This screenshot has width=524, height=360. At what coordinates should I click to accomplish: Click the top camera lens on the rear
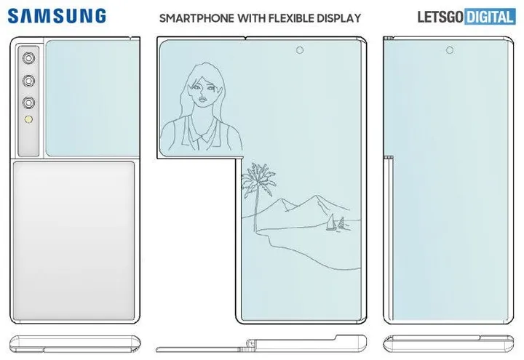tap(31, 57)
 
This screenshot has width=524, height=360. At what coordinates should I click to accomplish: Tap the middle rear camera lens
tap(31, 80)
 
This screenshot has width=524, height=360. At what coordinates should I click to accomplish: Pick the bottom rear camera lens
tap(31, 102)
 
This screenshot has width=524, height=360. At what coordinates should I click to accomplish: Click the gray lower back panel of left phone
tap(73, 240)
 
